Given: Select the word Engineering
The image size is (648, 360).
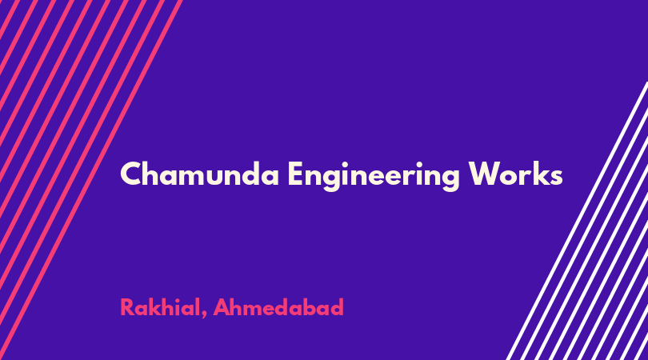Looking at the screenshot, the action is pyautogui.click(x=374, y=176).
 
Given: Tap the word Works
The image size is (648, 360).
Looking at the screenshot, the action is pyautogui.click(x=516, y=174).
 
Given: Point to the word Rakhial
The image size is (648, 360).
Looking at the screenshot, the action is pyautogui.click(x=159, y=307).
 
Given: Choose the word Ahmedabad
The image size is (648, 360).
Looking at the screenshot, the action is pyautogui.click(x=278, y=307).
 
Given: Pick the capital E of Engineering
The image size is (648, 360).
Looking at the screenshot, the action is pyautogui.click(x=296, y=174).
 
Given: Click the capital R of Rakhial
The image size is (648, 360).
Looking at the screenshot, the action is pyautogui.click(x=128, y=307).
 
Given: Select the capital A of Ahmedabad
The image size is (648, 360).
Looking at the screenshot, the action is pyautogui.click(x=222, y=307).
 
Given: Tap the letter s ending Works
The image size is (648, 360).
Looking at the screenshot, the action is pyautogui.click(x=556, y=177).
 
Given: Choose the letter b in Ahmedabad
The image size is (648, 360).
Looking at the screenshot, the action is pyautogui.click(x=311, y=306).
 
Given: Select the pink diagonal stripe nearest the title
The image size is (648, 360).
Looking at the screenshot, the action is pyautogui.click(x=90, y=180).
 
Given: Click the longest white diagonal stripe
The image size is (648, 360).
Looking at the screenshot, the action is pyautogui.click(x=577, y=221).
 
